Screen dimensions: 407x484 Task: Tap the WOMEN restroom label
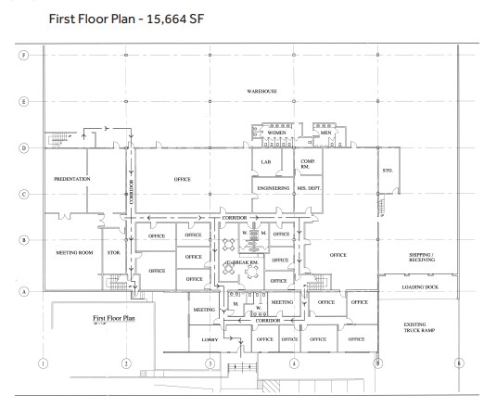[277, 133]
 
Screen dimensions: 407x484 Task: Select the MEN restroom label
[326, 133]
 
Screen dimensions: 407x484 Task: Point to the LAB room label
[265, 162]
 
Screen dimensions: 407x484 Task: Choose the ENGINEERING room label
[275, 187]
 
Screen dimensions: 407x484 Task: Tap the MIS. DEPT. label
[309, 187]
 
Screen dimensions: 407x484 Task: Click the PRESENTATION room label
[72, 178]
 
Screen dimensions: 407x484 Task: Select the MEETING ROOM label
[72, 251]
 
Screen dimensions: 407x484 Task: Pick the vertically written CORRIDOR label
[133, 192]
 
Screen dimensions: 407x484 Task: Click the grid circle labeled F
[24, 55]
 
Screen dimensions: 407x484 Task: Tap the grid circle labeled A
[24, 290]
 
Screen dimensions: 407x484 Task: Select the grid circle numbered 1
[42, 362]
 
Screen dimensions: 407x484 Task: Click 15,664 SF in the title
[172, 18]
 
